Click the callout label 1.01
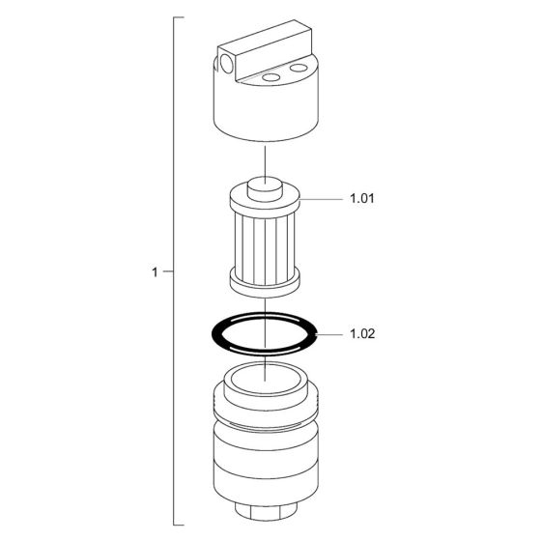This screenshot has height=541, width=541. click(362, 199)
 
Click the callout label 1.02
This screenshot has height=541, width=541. click(362, 334)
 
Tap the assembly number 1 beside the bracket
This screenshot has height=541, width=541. click(155, 272)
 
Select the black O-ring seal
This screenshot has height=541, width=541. click(213, 334)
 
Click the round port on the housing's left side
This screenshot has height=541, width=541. click(227, 64)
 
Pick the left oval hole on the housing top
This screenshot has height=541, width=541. click(270, 77)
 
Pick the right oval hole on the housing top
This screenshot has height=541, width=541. click(299, 68)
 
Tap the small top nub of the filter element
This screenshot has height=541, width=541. click(265, 189)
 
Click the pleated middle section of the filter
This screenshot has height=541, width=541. click(265, 247)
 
